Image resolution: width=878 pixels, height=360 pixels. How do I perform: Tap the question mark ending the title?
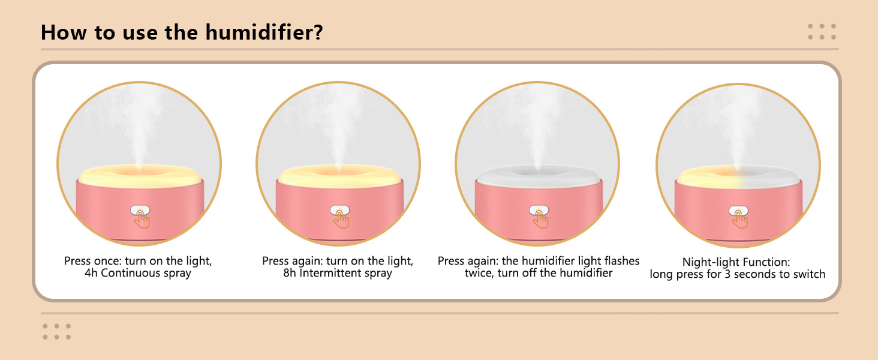[x=317, y=32]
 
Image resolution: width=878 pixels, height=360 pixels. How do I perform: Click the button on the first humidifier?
[x=140, y=211]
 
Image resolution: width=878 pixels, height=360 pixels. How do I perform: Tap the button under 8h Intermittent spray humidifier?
[x=339, y=211]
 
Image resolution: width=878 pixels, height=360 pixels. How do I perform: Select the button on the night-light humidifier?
[x=738, y=211]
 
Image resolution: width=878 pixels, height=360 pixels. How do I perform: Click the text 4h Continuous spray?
[x=138, y=274]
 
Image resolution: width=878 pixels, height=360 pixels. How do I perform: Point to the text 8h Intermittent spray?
[x=338, y=274]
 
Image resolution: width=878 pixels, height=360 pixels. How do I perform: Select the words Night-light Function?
[x=736, y=262]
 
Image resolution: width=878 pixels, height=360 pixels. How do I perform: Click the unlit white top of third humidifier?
[x=538, y=173]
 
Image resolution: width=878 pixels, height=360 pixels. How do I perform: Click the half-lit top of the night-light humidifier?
[x=738, y=173]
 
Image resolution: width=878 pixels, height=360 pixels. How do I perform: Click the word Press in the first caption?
[x=77, y=262]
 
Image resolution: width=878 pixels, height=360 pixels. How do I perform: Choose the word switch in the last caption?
[x=809, y=274]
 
